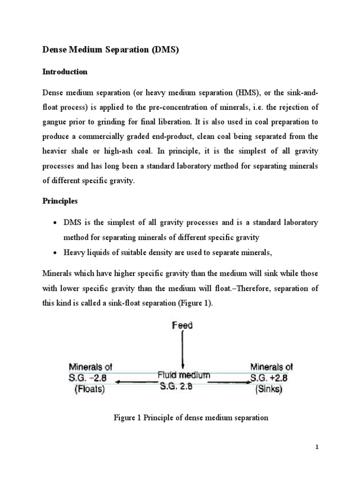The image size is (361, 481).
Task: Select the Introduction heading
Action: [65, 72]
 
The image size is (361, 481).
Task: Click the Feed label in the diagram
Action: [182, 325]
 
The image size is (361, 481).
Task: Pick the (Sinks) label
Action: [267, 389]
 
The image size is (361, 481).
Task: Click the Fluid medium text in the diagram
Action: [183, 376]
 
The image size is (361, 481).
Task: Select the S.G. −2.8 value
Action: [91, 378]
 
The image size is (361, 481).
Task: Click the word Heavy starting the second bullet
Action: [74, 253]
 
